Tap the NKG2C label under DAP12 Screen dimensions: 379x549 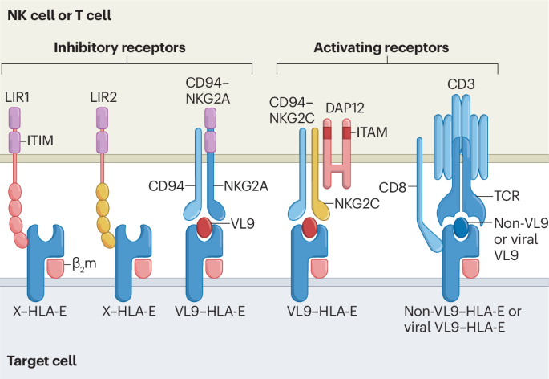click(x=358, y=204)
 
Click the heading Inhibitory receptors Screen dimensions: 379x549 click(x=119, y=47)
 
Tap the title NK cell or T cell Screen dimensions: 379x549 click(x=59, y=14)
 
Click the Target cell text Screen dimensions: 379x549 click(x=42, y=361)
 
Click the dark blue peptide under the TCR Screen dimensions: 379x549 click(x=461, y=227)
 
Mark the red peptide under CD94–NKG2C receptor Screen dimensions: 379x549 click(x=309, y=228)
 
